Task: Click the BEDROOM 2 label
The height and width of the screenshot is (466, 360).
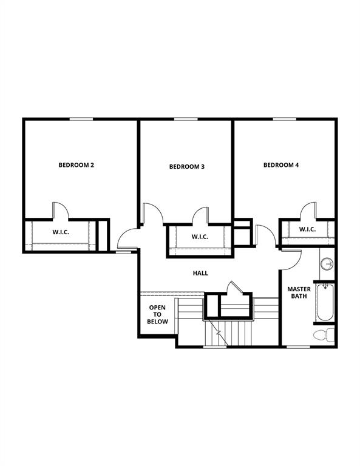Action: (x=76, y=165)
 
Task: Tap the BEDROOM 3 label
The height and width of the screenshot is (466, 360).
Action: (x=186, y=167)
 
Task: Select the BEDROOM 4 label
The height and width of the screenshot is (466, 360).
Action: (x=280, y=165)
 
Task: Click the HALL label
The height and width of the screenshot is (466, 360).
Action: (x=200, y=274)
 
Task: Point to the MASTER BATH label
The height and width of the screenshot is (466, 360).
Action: (x=299, y=293)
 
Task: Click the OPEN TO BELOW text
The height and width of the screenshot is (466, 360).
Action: (x=157, y=314)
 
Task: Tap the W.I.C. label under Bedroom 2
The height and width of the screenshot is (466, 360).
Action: (x=60, y=232)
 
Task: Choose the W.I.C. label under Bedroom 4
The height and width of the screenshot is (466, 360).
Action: (x=307, y=229)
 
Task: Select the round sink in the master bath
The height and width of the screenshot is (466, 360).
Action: (x=327, y=264)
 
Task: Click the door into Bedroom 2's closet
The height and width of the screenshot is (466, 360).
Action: (x=59, y=211)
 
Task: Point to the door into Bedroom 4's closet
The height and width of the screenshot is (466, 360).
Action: (x=309, y=211)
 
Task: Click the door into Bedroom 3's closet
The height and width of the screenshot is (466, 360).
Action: (x=200, y=215)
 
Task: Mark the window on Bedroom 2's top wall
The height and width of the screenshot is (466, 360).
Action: (x=81, y=119)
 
